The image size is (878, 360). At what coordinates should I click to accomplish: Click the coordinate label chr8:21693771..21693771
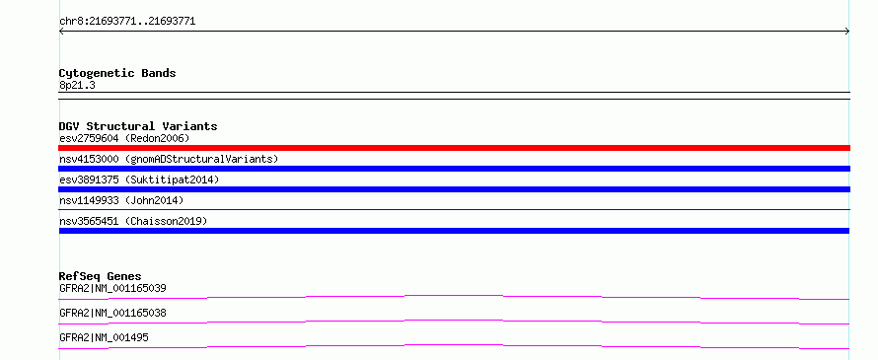(x=127, y=22)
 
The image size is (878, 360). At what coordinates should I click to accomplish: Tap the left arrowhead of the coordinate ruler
(x=60, y=32)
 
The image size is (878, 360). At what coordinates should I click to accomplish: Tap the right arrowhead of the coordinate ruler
(x=847, y=32)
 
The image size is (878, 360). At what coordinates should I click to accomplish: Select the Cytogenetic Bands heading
(x=117, y=73)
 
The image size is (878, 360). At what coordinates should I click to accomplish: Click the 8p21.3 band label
(x=77, y=86)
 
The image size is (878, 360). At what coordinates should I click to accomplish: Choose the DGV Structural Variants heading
(x=138, y=126)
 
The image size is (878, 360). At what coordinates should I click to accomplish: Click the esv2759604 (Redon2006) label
(x=124, y=138)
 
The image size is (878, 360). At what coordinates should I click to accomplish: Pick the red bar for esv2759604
(x=454, y=148)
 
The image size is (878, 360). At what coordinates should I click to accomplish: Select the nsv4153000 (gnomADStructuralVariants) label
(x=169, y=159)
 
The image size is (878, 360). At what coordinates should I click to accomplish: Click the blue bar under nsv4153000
(x=454, y=169)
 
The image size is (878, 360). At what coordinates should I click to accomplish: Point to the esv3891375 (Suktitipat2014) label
(x=139, y=180)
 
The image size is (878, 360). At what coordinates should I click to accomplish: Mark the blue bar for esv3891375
(x=454, y=189)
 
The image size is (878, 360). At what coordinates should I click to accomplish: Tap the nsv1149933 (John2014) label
(x=121, y=200)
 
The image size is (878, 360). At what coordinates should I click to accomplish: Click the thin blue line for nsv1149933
(x=454, y=210)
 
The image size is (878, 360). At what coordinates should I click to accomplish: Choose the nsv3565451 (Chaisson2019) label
(x=133, y=221)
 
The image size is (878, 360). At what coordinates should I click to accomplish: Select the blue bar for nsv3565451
(x=454, y=231)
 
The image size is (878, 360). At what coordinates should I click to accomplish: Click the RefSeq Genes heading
(x=101, y=276)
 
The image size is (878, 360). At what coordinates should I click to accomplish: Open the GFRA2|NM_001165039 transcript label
(x=112, y=288)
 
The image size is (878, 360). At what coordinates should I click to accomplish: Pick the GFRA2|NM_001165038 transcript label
(x=112, y=313)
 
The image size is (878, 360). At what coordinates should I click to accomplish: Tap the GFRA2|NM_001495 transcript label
(x=104, y=337)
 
